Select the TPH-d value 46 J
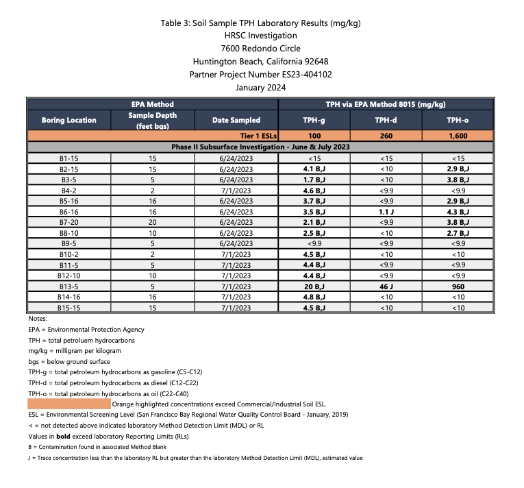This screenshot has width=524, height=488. [386, 286]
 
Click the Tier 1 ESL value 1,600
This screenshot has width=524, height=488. [458, 136]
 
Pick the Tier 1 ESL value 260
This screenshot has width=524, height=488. [386, 136]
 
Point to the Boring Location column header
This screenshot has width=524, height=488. [68, 120]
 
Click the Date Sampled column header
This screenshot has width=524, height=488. [236, 120]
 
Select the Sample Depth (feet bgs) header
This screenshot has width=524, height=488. [152, 120]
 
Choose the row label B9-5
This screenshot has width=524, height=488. [68, 244]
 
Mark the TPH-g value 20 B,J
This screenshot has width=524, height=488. [313, 286]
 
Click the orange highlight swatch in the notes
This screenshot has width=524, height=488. [68, 404]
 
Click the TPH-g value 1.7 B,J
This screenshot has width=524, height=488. [313, 180]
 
